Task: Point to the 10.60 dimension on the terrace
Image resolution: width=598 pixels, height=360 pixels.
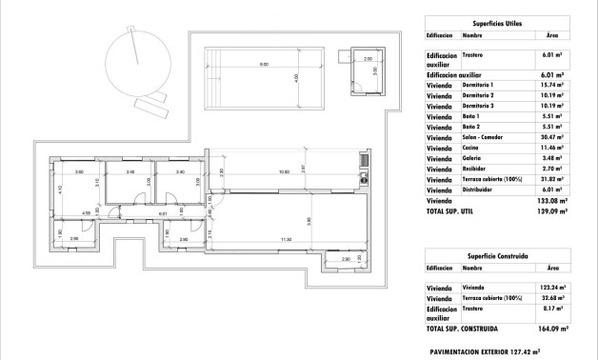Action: [284, 172]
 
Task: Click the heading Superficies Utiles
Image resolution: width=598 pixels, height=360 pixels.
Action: [499, 22]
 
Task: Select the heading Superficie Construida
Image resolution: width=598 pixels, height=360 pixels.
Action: [499, 255]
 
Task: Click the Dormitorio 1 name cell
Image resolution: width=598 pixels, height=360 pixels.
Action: [480, 84]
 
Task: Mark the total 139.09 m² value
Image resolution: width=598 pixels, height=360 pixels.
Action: [550, 211]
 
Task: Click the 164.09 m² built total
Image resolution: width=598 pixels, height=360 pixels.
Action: [550, 328]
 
